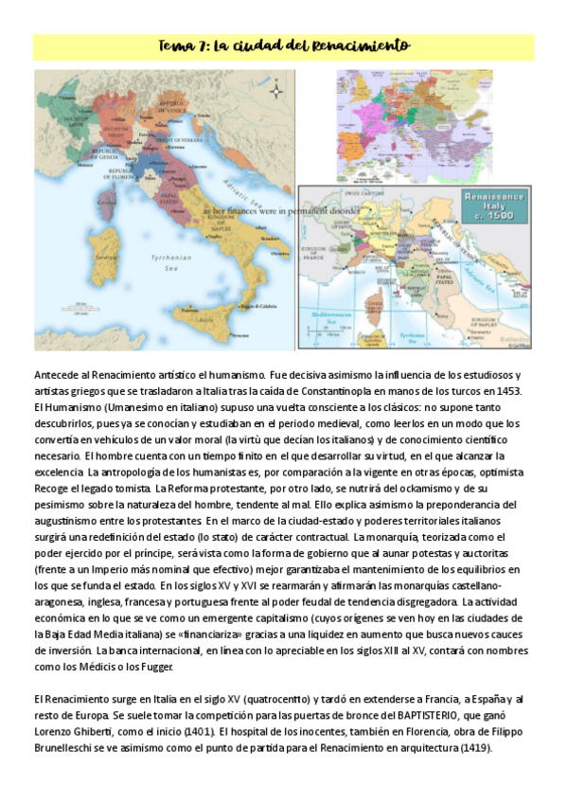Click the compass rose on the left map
point(276,91)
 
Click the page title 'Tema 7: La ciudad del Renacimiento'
point(283,45)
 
